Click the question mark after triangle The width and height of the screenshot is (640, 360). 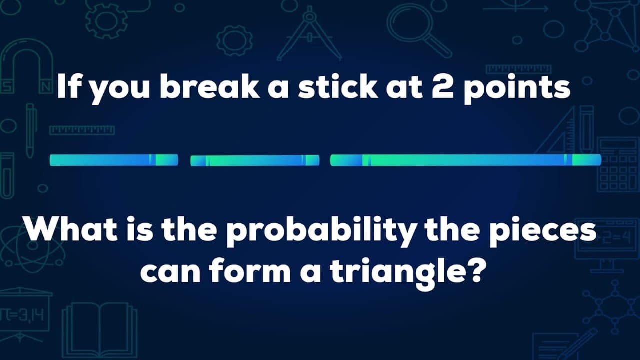476,272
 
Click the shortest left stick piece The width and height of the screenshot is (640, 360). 114,160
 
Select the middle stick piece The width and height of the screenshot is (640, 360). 255,160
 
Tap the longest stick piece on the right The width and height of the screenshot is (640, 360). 465,160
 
